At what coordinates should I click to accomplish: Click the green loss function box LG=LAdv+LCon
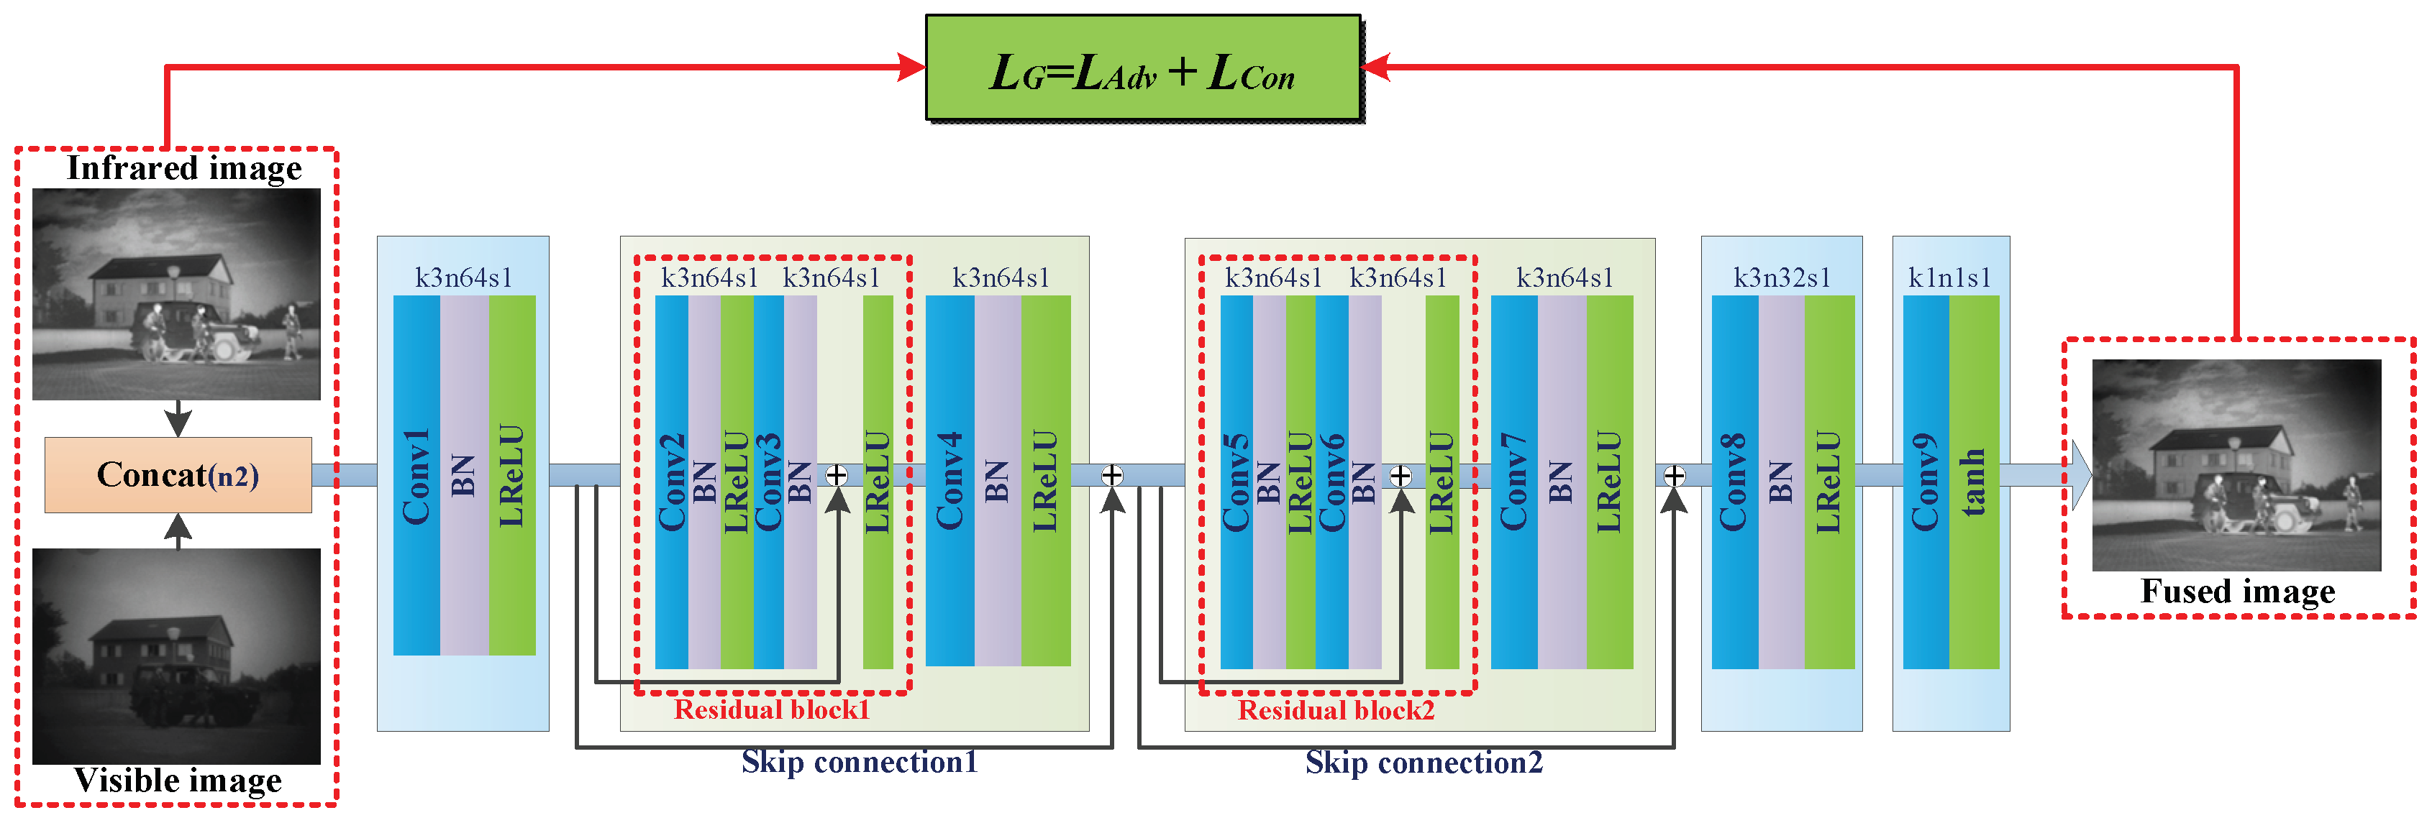coord(1142,68)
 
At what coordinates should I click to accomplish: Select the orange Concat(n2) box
coord(178,474)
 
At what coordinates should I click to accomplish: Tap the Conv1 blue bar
coord(416,474)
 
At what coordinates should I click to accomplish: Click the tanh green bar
coord(1974,482)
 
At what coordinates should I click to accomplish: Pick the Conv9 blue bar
coord(1925,482)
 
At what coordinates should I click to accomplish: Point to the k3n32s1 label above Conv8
coord(1782,277)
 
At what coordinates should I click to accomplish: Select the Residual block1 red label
coord(771,709)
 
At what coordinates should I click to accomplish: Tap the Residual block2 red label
coord(1336,709)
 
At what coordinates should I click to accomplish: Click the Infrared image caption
coord(184,168)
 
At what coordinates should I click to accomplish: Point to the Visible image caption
coord(178,781)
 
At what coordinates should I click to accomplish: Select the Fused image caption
coord(2238,592)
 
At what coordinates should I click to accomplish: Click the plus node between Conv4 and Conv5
coord(1112,474)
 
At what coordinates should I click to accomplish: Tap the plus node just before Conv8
coord(1674,474)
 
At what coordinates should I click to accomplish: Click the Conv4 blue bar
coord(949,482)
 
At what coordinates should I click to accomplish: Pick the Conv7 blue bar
coord(1513,482)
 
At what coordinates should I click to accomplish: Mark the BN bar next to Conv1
coord(463,474)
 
